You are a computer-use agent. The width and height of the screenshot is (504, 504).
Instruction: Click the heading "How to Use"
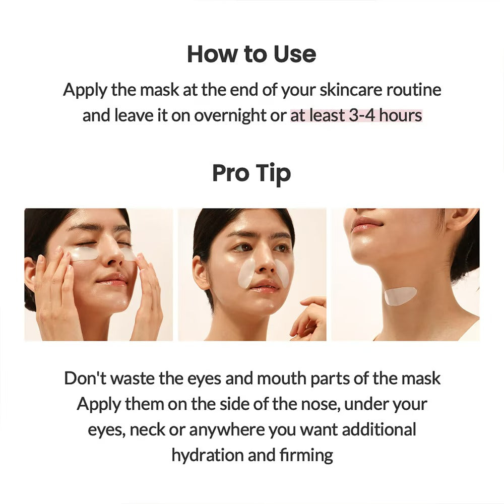(x=251, y=54)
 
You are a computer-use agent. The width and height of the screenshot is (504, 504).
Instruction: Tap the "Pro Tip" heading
(x=251, y=173)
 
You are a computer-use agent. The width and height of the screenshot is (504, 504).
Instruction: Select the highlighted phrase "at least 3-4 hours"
(x=356, y=115)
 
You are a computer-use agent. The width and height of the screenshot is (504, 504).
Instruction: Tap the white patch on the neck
(x=400, y=295)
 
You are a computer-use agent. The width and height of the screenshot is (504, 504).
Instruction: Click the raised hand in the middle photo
(x=308, y=318)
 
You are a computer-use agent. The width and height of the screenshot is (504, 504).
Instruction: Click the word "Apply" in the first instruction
(x=85, y=90)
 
